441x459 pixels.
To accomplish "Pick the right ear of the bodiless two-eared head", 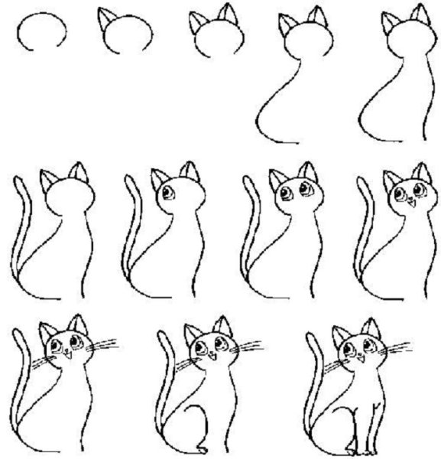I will point(225,15).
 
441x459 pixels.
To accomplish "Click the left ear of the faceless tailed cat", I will point(47,181).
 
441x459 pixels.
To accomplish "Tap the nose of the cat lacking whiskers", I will point(407,203).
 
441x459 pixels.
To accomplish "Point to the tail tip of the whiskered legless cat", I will point(18,331).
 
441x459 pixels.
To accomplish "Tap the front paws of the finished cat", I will point(367,449).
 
